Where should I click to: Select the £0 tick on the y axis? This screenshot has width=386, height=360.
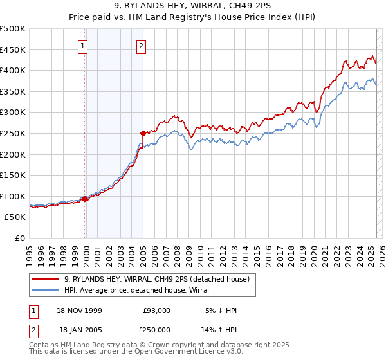coord(21,238)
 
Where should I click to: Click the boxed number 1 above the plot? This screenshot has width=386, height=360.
coord(84,45)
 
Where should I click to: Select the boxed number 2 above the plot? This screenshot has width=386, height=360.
coord(141,45)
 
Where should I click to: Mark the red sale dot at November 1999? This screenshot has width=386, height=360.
coord(85,199)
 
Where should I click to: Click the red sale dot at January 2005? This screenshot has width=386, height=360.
coord(143,133)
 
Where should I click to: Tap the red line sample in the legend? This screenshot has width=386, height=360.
coord(46,278)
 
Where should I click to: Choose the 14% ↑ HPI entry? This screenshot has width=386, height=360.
coord(219,328)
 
